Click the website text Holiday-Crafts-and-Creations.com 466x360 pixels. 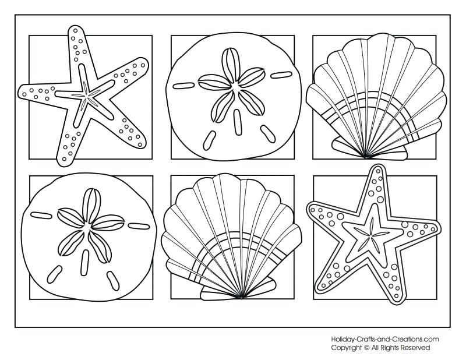point(384,339)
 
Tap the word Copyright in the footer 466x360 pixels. point(347,348)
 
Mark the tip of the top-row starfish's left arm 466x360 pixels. point(22,91)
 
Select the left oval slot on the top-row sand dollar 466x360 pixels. point(184,86)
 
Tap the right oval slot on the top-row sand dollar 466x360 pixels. point(281,75)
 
